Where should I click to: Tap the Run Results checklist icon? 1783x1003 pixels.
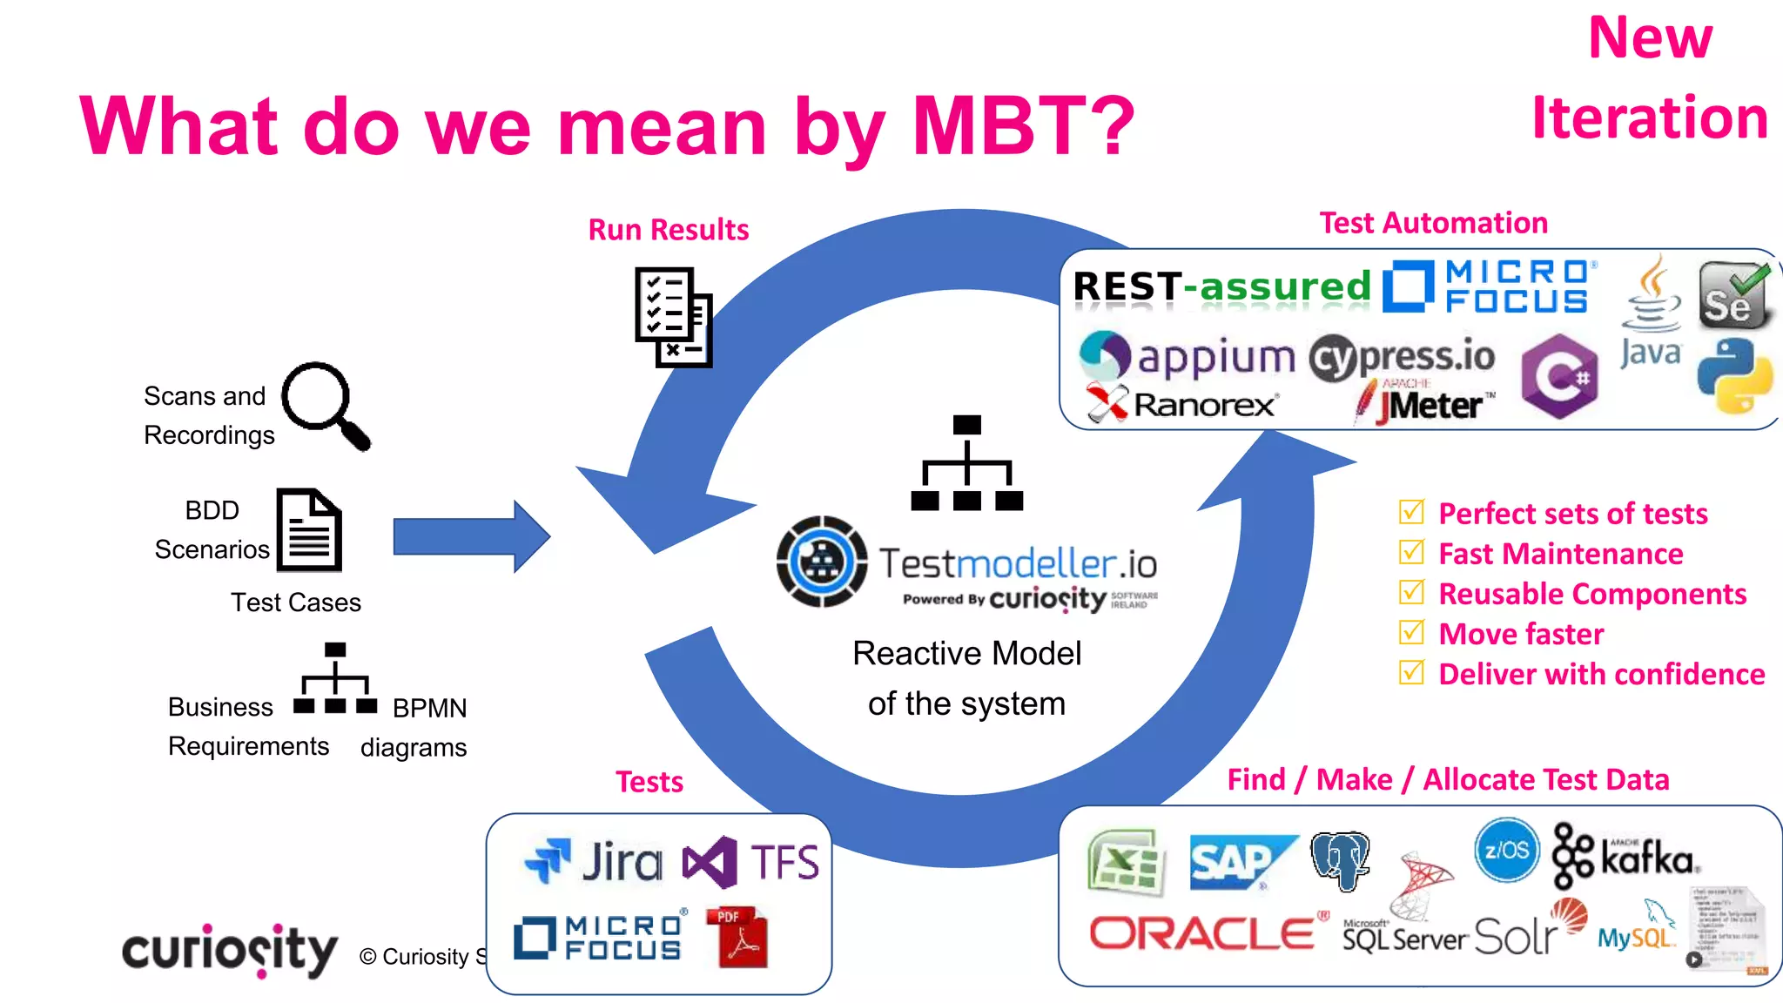(673, 317)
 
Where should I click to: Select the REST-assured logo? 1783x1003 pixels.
(1221, 286)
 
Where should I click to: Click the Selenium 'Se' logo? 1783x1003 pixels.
(1733, 296)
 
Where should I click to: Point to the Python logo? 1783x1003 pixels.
(1734, 376)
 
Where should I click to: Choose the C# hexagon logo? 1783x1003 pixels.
(1559, 376)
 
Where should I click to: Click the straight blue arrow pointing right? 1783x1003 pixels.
(470, 536)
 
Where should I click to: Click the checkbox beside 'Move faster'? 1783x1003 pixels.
(1411, 632)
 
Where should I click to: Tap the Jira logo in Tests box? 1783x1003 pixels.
(593, 861)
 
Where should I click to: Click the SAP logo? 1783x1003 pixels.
(1241, 863)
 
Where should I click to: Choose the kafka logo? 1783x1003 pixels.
(1625, 857)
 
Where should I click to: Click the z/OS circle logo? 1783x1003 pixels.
(1506, 850)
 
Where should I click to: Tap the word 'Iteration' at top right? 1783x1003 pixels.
(1649, 118)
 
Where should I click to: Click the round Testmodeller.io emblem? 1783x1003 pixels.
(821, 562)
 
